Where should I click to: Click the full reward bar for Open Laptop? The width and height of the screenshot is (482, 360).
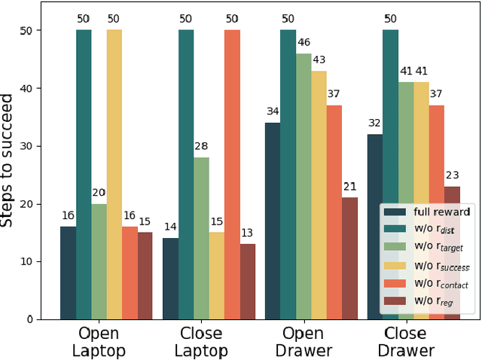[68, 273]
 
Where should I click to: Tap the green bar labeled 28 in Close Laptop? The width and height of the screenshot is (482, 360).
[201, 238]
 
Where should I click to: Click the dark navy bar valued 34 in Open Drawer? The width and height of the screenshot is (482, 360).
[273, 221]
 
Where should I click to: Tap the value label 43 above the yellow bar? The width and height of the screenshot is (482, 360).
[319, 59]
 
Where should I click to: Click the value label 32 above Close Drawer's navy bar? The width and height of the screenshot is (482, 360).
[374, 124]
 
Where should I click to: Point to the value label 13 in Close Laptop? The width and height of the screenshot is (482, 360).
[247, 233]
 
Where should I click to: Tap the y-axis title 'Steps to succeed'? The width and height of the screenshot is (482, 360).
[9, 160]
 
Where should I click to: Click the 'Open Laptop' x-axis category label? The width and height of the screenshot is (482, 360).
[99, 342]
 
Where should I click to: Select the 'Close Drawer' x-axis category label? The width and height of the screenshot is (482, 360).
[410, 342]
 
